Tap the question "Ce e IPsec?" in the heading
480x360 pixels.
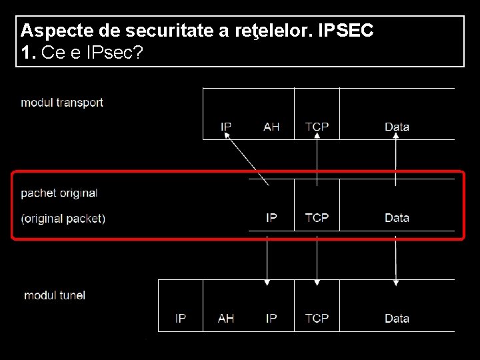pos(92,53)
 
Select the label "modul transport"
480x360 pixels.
pos(62,103)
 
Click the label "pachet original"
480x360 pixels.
pos(59,193)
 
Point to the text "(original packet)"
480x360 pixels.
pos(63,218)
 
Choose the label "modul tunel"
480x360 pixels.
pos(55,295)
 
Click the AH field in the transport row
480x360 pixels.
pos(271,127)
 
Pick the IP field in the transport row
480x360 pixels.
pos(226,127)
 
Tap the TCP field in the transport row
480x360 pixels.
pos(317,127)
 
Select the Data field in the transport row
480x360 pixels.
pos(397,127)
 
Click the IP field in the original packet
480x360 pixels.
pos(271,218)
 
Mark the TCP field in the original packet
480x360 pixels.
pos(317,218)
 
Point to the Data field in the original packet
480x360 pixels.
pos(397,218)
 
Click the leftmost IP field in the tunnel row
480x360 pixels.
pos(181,319)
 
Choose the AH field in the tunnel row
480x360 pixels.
pos(226,319)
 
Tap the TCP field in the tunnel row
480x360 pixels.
pos(317,319)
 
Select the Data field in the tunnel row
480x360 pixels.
pos(397,319)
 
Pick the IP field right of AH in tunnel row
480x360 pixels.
pos(271,319)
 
